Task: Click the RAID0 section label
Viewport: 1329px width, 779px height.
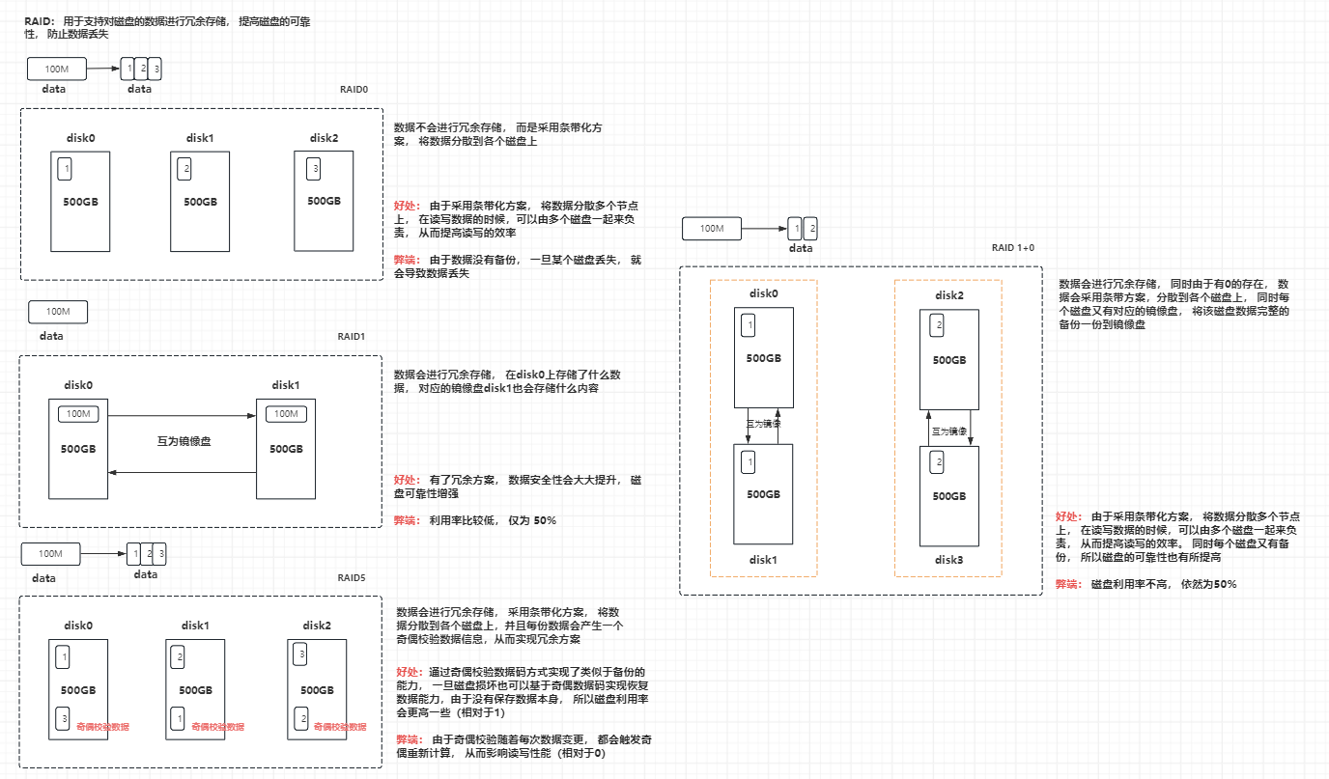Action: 353,89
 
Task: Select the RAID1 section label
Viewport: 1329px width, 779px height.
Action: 352,337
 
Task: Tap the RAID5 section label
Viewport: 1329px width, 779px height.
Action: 352,578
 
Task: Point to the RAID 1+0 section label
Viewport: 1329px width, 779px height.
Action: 1012,248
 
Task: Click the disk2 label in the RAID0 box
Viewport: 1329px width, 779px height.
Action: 324,137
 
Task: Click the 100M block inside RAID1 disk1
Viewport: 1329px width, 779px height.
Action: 286,414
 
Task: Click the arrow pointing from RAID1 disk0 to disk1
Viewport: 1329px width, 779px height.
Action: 183,415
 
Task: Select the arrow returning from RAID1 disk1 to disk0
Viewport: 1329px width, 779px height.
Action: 183,472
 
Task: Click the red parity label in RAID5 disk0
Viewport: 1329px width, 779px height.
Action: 102,726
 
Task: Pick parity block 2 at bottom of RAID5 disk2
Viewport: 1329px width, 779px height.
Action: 304,718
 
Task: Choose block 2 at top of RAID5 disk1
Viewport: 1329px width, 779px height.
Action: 179,658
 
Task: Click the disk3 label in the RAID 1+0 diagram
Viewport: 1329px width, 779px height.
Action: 948,560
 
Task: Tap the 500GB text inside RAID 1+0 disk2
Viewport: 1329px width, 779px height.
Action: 948,360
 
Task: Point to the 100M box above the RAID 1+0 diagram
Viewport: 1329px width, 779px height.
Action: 711,229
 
